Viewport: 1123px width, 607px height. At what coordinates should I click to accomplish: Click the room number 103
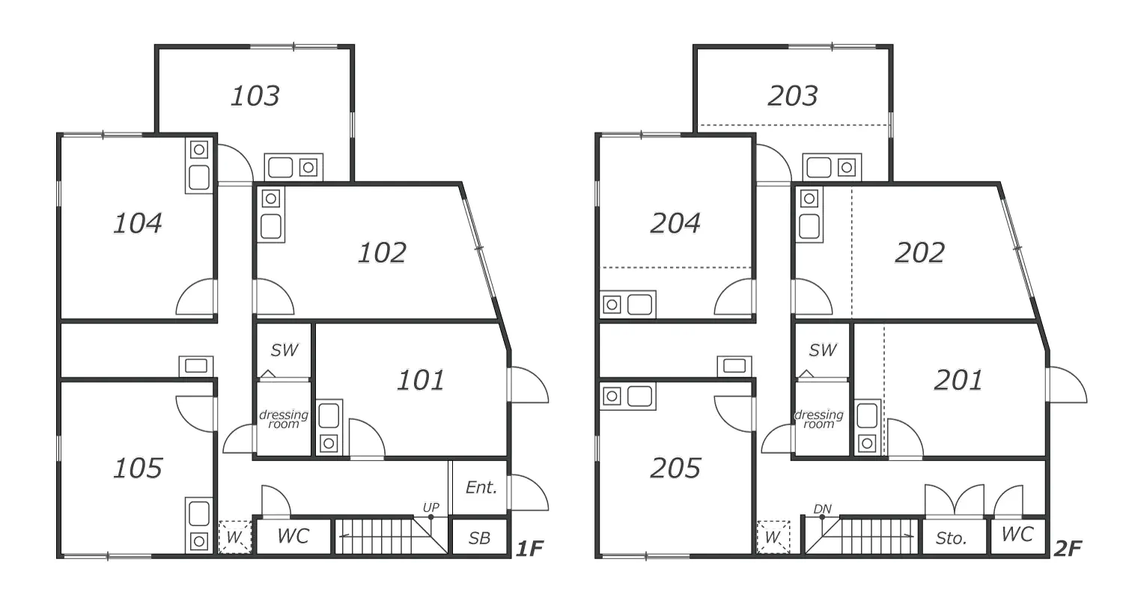coord(255,96)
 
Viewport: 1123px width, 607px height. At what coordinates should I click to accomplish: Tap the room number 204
coord(675,223)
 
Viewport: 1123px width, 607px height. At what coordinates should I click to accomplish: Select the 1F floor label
coord(530,549)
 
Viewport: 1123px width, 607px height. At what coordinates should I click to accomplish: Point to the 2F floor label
coord(1068,549)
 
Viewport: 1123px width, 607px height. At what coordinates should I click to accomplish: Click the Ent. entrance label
coord(481,487)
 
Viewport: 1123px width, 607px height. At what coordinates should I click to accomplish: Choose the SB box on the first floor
coord(479,538)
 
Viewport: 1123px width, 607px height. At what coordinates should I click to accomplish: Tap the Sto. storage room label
coord(951,538)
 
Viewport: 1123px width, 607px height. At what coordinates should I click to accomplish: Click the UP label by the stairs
coord(430,507)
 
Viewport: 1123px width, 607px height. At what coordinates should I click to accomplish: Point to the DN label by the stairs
coord(822,509)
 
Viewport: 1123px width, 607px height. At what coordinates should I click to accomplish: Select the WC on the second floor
coord(1017,534)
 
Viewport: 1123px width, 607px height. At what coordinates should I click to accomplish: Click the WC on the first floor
coord(293,536)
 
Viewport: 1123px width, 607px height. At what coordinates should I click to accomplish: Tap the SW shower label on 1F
coord(284,350)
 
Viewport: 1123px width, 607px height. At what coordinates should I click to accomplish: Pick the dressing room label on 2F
coord(819,419)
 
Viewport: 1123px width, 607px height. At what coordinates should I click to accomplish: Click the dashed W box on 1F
coord(234,537)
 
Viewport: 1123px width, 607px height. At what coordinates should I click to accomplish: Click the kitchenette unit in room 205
coord(627,397)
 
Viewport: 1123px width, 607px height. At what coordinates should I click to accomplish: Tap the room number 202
coord(920,253)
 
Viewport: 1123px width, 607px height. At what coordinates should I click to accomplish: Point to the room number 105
coord(138,468)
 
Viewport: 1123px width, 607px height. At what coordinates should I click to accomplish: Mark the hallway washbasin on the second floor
coord(734,366)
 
